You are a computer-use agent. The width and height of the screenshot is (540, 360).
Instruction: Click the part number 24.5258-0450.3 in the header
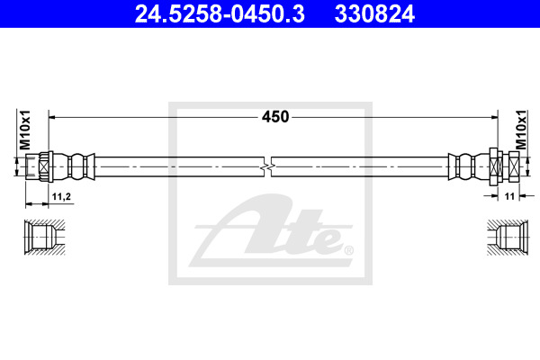click(220, 14)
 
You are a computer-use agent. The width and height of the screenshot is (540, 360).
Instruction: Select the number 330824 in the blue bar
click(374, 14)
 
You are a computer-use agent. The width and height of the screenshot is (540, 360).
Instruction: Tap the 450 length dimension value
click(275, 117)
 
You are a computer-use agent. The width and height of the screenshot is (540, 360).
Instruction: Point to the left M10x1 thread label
click(25, 130)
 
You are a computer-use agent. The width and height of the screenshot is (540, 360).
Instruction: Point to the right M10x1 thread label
click(521, 130)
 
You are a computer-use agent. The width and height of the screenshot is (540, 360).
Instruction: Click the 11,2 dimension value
click(61, 196)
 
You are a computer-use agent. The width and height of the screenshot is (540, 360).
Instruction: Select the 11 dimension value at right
click(509, 196)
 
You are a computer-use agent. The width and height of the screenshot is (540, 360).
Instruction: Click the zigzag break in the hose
click(267, 166)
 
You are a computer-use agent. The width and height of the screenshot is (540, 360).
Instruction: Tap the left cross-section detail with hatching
click(44, 237)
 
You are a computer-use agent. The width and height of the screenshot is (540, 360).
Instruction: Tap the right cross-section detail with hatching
click(508, 238)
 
